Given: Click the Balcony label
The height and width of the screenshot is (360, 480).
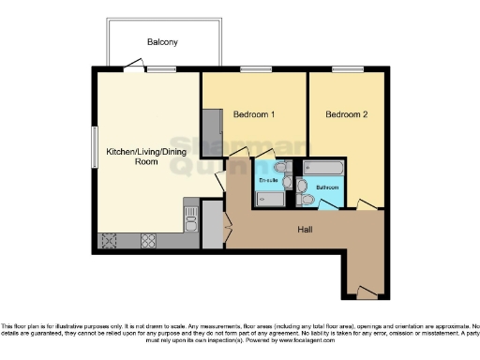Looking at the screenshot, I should (x=161, y=42).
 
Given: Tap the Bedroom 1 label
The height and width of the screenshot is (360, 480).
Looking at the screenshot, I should (x=253, y=115).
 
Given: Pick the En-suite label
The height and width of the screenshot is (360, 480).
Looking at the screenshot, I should (x=269, y=179).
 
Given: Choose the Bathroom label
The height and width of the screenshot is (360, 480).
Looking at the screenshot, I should (x=327, y=187).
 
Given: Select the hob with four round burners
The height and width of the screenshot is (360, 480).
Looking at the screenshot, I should (x=149, y=240).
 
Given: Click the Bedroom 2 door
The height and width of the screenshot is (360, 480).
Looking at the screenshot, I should (x=367, y=204).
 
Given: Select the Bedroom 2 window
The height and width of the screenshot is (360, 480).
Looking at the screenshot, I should (x=344, y=68).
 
